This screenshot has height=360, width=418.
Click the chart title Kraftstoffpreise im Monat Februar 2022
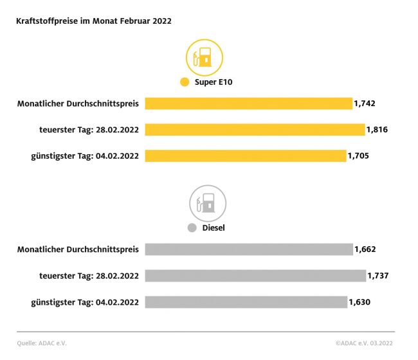coord(94,21)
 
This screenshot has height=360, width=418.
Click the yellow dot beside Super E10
coord(185,82)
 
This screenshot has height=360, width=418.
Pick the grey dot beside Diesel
coord(192,228)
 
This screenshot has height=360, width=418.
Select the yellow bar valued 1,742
coord(248,104)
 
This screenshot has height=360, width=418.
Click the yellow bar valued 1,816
coord(255,130)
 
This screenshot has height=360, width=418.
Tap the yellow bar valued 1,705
coord(245,156)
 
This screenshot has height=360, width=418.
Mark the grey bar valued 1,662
coord(249,249)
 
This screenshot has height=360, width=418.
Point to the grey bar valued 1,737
coord(255,276)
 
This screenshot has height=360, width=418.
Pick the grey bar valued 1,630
coord(246,302)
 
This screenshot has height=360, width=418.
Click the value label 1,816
coord(377,130)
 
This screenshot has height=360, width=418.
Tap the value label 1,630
coord(359,302)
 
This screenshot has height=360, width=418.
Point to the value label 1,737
coord(378,276)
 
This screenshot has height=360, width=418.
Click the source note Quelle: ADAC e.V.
coord(42,343)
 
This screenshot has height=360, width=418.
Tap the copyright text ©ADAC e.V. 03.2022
coord(365,343)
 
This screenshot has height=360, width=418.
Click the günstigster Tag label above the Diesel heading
coord(85,156)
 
